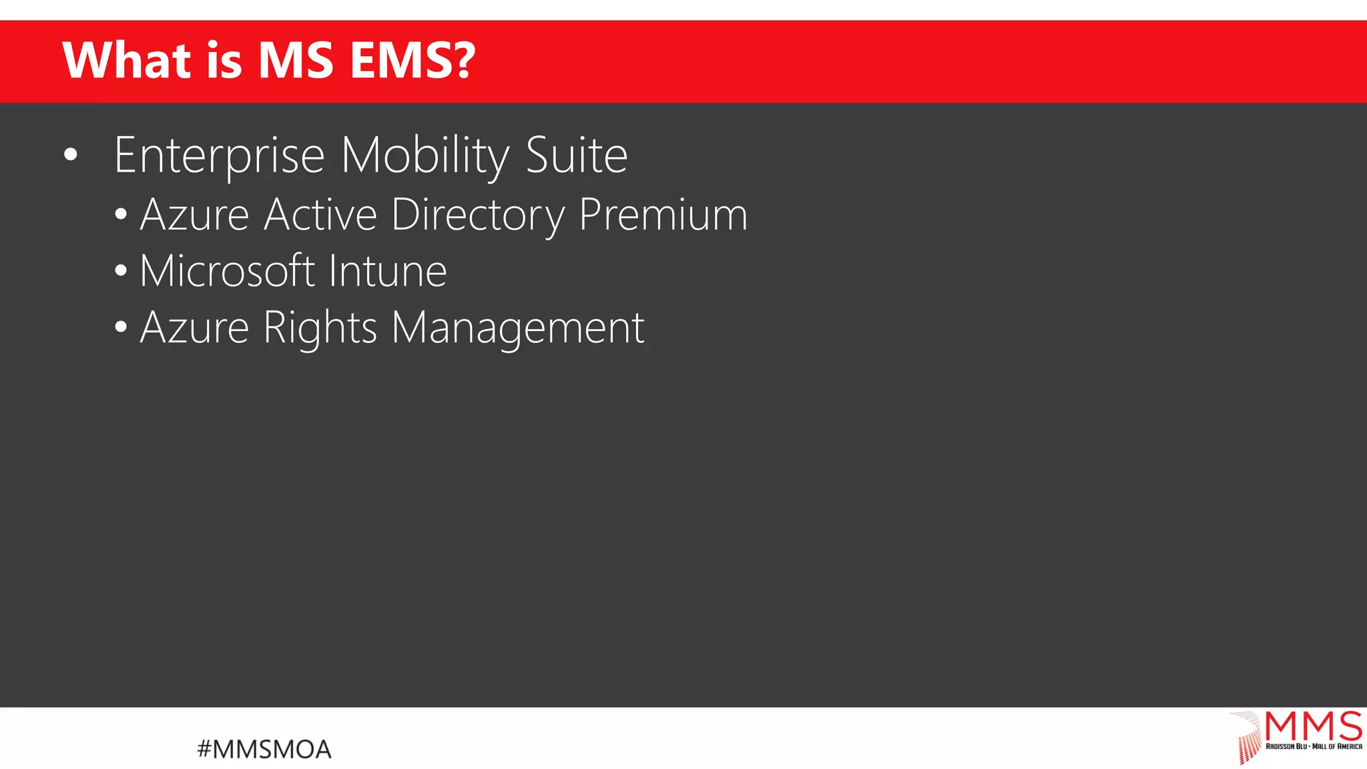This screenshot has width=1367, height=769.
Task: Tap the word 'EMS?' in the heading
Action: (412, 60)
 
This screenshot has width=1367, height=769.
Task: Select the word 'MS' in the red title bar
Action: (295, 60)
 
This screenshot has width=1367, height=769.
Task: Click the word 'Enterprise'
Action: (219, 156)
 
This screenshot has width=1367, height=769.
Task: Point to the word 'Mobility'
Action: (425, 156)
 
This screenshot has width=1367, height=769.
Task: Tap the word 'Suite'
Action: (577, 155)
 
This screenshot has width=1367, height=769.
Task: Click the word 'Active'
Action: (320, 215)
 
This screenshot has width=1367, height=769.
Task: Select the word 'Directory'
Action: (478, 216)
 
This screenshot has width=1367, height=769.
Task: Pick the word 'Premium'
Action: (663, 215)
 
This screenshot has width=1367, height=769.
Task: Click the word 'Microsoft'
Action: (227, 271)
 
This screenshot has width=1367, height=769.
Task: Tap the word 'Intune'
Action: (388, 271)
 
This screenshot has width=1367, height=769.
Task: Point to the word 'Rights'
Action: (320, 328)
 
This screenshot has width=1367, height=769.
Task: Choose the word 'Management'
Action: (518, 328)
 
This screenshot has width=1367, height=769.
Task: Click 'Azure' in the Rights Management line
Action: (194, 328)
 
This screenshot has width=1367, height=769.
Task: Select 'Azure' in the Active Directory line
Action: (194, 215)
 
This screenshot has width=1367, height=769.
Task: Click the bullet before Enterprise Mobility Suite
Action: (71, 156)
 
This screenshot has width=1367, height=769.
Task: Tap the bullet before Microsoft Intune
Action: (121, 271)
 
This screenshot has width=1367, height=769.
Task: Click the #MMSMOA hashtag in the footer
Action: (264, 749)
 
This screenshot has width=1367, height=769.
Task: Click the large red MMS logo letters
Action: (1313, 726)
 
